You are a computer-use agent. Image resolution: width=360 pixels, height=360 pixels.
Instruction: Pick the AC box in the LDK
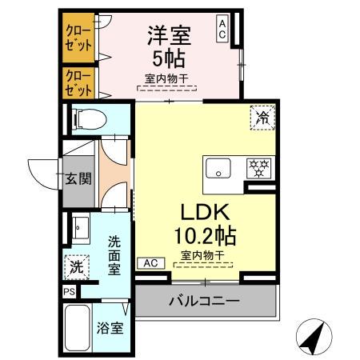pos(149,262)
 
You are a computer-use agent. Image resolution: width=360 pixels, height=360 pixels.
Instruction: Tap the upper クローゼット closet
pos(78,36)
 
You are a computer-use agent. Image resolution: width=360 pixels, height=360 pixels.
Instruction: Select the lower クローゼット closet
pos(78,82)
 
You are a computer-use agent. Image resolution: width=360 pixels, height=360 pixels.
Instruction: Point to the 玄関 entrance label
pos(78,178)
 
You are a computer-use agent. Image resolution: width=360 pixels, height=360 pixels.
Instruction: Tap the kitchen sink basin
pos(217,169)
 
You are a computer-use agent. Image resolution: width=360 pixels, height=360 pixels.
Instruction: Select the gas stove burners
pos(258,169)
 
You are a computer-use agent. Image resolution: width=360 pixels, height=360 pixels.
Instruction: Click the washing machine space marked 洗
pos(75,265)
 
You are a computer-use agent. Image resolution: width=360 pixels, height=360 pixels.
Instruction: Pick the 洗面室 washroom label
pos(115,254)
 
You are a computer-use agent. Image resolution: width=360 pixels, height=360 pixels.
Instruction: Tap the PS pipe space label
pos(69,293)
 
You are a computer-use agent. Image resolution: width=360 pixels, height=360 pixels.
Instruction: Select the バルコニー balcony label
pos(204,303)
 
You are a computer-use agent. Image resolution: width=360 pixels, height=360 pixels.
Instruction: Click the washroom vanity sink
pos(79,227)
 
